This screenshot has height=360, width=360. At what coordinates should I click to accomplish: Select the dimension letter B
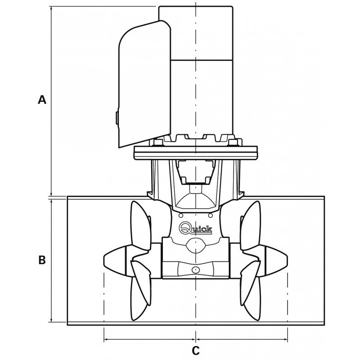pos(42,261)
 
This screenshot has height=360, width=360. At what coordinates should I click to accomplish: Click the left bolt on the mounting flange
pos(157,143)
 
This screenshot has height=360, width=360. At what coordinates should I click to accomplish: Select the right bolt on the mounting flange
pos(233,143)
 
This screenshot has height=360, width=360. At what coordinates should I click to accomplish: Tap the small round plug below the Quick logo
pos(195,270)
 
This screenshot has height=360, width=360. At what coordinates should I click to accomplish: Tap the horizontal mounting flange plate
pos(195,153)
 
